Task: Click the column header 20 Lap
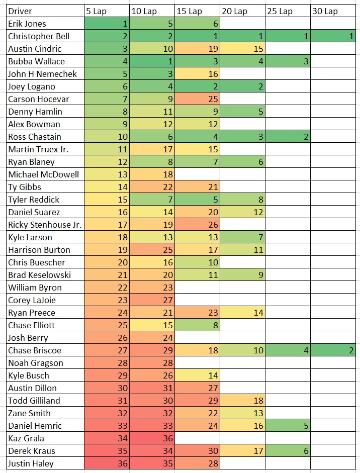pyautogui.click(x=242, y=11)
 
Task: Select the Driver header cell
pyautogui.click(x=45, y=11)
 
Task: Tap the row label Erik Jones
pyautogui.click(x=45, y=24)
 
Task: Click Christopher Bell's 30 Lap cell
pyautogui.click(x=334, y=36)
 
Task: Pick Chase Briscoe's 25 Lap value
pyautogui.click(x=288, y=350)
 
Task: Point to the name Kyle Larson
pyautogui.click(x=45, y=237)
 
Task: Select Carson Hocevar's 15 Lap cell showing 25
pyautogui.click(x=197, y=99)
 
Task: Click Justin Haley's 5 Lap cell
pyautogui.click(x=107, y=463)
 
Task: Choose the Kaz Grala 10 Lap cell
pyautogui.click(x=152, y=438)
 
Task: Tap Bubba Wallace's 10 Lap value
pyautogui.click(x=152, y=61)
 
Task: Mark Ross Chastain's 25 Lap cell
pyautogui.click(x=288, y=137)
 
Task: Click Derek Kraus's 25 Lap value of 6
pyautogui.click(x=288, y=451)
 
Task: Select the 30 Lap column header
pyautogui.click(x=334, y=11)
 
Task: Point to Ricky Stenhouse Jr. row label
pyautogui.click(x=45, y=225)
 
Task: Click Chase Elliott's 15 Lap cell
pyautogui.click(x=197, y=325)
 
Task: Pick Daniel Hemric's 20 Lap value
pyautogui.click(x=242, y=426)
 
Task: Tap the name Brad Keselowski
pyautogui.click(x=45, y=275)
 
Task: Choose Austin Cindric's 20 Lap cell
pyautogui.click(x=242, y=49)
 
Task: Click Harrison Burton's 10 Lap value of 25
pyautogui.click(x=152, y=250)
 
